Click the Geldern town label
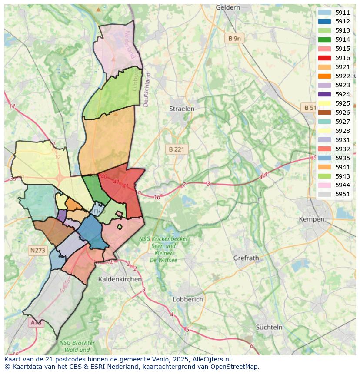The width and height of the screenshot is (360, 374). pos(228,7)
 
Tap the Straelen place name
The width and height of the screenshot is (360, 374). pos(182,109)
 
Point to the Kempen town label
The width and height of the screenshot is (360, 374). pos(312,219)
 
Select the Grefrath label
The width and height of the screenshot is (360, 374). pos(246,258)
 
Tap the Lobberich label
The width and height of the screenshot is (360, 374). pos(188,299)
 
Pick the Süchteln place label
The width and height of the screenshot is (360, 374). pos(269,327)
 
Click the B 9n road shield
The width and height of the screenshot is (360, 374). pos(234,38)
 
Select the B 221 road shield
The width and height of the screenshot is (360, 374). pos(177,149)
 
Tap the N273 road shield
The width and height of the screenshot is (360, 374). pos(38,250)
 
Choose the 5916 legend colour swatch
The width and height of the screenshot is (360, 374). pos(324,58)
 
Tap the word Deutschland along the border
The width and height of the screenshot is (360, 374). pos(147,89)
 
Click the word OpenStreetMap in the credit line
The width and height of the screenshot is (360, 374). pos(236,367)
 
